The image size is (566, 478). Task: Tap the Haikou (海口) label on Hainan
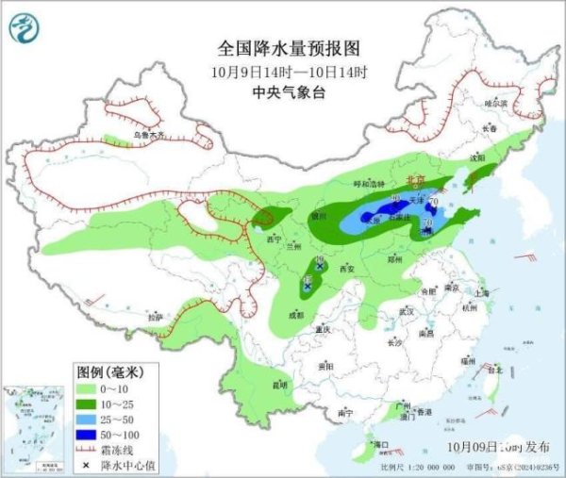click(381, 443)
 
